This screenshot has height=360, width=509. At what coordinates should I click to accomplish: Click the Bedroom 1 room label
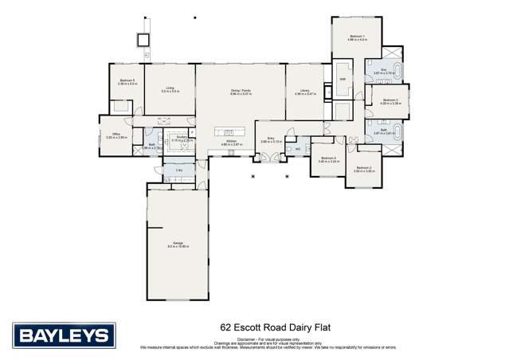click(357, 37)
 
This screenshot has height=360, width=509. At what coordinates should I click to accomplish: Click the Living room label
click(170, 88)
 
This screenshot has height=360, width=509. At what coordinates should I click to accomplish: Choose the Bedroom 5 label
click(127, 80)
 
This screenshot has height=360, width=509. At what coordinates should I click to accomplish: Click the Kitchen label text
click(230, 141)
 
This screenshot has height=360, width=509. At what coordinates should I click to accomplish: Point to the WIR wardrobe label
click(342, 80)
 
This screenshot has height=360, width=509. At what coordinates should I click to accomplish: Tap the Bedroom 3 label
click(364, 167)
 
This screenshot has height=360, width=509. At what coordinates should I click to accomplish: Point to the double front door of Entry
click(271, 158)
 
